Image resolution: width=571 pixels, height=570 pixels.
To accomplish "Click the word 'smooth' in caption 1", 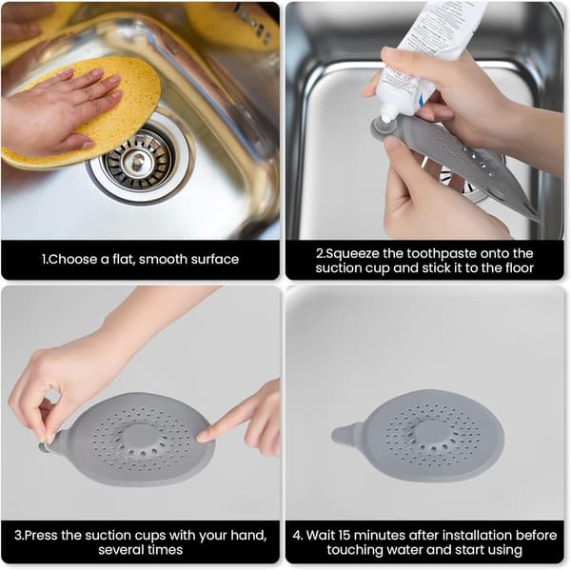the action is pyautogui.click(x=162, y=260).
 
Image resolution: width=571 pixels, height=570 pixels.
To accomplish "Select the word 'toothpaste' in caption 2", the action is pyautogui.click(x=441, y=253).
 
